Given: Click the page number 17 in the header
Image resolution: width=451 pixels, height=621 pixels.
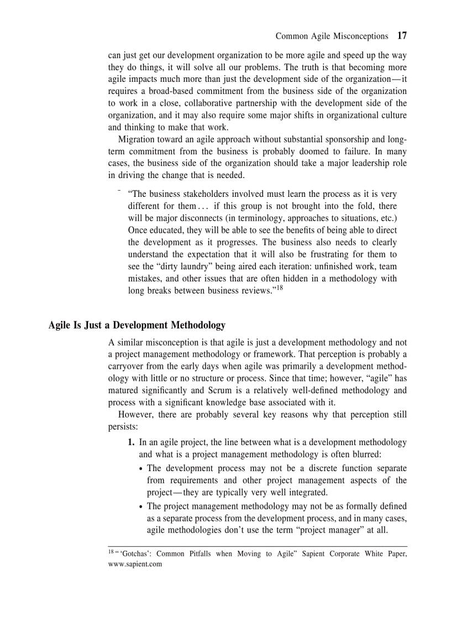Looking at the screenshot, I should pos(402,36).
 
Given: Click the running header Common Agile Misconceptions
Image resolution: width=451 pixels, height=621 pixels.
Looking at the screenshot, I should pos(332,36).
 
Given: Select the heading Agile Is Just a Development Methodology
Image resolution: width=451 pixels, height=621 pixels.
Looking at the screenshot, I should pos(137,325).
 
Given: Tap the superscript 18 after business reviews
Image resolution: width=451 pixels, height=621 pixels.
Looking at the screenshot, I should pos(279,288).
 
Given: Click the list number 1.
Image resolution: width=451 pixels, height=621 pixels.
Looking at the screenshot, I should pos(132,442).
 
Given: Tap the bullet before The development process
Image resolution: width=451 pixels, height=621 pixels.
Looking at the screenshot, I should pos(141,469).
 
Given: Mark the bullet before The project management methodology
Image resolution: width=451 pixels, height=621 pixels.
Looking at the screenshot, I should pos(141,507).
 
